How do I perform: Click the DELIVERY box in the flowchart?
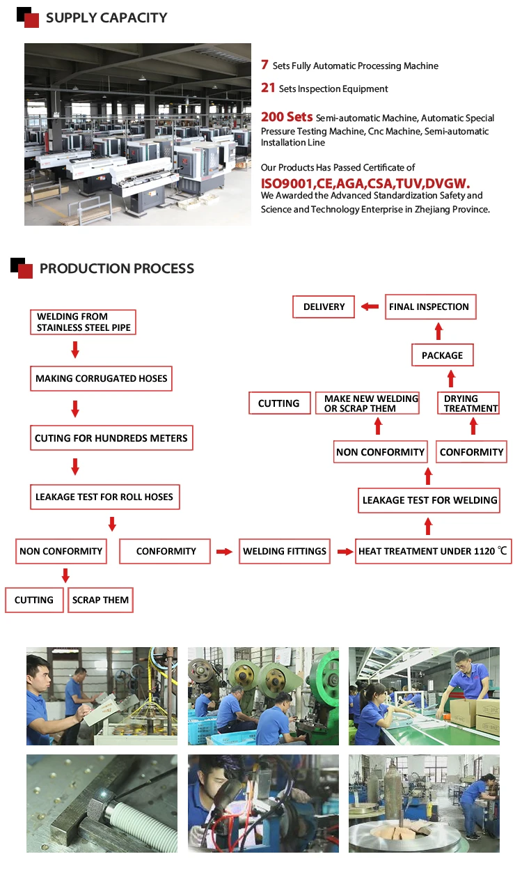[x=324, y=307]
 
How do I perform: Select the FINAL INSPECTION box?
[x=429, y=307]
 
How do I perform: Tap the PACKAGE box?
[x=442, y=356]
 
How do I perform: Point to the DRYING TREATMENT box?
[x=471, y=403]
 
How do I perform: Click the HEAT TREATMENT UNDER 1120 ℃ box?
[x=433, y=551]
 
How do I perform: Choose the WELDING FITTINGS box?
[x=285, y=551]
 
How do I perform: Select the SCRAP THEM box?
[x=100, y=600]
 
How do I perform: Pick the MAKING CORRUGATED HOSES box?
[x=102, y=379]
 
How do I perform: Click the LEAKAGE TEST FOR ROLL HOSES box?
[x=105, y=497]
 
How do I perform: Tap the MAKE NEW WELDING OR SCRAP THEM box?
[x=370, y=403]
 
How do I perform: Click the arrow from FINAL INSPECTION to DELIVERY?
[x=370, y=307]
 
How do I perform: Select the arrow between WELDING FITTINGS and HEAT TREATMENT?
[x=345, y=552]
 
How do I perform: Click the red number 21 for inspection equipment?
[x=268, y=88]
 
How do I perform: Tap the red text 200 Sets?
[x=287, y=117]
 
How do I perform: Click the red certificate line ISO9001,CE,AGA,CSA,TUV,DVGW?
[x=365, y=183]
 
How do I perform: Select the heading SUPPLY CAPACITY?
[x=106, y=18]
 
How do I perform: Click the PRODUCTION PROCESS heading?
[x=117, y=269]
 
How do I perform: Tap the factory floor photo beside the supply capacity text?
[x=138, y=134]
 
